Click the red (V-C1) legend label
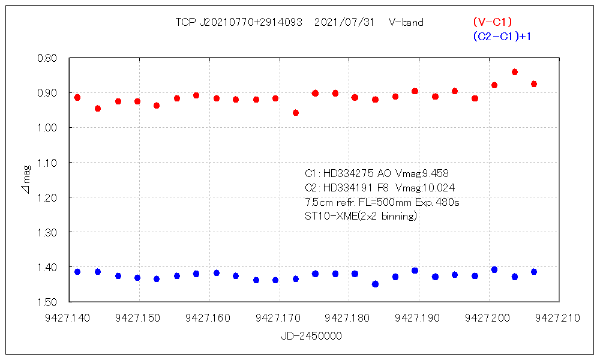click(492, 22)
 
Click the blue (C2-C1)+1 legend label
click(502, 37)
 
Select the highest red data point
click(514, 72)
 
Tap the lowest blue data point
click(375, 284)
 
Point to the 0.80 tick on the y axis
click(47, 58)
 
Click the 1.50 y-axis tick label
click(47, 302)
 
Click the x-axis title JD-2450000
click(311, 336)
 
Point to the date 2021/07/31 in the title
click(344, 22)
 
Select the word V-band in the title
click(406, 22)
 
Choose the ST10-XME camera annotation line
click(361, 216)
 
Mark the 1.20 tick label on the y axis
click(47, 197)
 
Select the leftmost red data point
click(77, 97)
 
